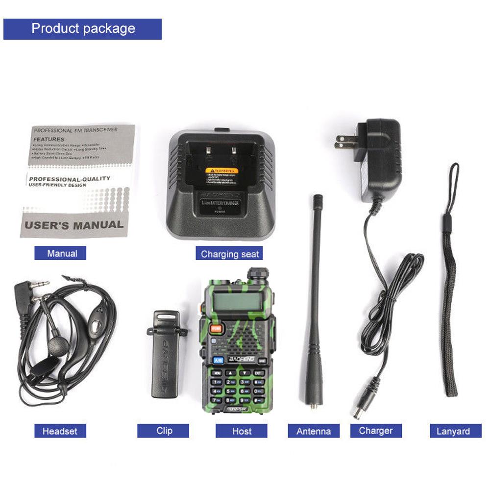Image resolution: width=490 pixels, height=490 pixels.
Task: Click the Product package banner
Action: [x=82, y=29]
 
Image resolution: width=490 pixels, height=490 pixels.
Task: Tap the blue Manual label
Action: [x=60, y=253]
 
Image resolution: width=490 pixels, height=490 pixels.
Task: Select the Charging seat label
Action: [x=229, y=254]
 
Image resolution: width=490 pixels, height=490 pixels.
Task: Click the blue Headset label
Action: [x=60, y=431]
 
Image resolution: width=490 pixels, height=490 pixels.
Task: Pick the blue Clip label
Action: [x=163, y=431]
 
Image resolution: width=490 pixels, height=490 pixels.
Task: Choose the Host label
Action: [x=242, y=431]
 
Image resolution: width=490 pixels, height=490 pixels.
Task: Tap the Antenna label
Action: [x=314, y=431]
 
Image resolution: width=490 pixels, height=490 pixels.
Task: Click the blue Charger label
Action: [x=376, y=431]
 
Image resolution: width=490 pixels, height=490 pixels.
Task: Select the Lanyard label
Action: [x=453, y=431]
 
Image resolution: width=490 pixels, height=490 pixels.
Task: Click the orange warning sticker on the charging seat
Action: [x=221, y=171]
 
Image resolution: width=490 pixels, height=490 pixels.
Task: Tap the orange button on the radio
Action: [x=215, y=329]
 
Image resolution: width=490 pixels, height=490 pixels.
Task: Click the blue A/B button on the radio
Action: [x=218, y=360]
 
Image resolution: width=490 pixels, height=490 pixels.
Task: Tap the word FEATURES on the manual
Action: [x=49, y=139]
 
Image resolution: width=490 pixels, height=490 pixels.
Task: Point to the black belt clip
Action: [x=165, y=353]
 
